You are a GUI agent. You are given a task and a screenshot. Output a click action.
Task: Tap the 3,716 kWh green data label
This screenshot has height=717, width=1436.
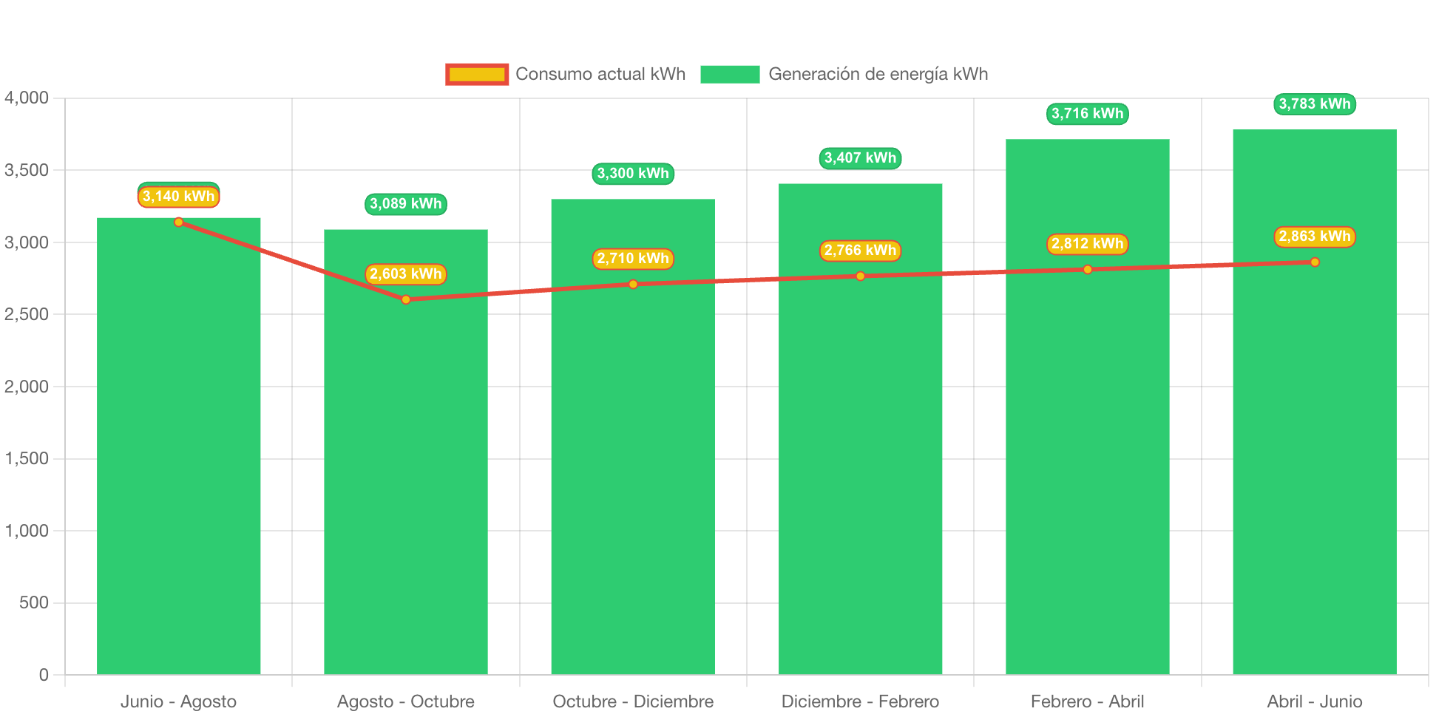(x=1087, y=114)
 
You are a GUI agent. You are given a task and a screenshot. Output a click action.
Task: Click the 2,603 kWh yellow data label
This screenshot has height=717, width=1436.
(x=406, y=274)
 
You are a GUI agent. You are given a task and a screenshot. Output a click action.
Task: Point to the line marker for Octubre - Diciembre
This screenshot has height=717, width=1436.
(x=633, y=285)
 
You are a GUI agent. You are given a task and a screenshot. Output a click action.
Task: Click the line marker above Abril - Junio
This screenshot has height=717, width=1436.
(x=1315, y=262)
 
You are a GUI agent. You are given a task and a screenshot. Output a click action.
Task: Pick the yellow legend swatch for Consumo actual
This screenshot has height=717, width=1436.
(x=477, y=74)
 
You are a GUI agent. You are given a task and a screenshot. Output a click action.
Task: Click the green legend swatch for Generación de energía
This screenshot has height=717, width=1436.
(x=730, y=74)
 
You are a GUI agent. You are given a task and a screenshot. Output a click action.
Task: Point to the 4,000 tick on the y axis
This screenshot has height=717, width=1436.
(x=27, y=98)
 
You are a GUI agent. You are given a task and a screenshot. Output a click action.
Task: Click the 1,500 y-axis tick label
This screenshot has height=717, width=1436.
(x=27, y=458)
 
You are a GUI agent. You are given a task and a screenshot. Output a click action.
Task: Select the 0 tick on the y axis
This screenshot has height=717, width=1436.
(x=44, y=674)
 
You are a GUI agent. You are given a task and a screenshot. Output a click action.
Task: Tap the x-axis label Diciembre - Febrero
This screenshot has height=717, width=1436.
(x=860, y=701)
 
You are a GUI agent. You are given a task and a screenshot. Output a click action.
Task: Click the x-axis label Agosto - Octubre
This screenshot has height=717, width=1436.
(x=406, y=701)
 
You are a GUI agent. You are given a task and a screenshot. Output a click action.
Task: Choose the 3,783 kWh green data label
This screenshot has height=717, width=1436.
(x=1315, y=104)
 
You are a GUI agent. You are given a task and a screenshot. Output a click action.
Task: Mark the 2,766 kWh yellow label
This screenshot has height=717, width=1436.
(x=860, y=251)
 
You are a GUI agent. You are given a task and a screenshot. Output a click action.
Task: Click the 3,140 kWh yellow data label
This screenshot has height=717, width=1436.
(x=178, y=197)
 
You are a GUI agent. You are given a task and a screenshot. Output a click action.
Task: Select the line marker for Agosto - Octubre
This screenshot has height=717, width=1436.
(x=406, y=299)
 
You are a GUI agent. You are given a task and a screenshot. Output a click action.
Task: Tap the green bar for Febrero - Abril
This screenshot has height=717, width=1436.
(x=1087, y=407)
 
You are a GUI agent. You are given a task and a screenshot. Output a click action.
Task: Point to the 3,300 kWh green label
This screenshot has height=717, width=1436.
(x=633, y=174)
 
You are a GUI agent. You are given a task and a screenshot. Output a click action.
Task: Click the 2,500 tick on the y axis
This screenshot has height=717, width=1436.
(x=27, y=314)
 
